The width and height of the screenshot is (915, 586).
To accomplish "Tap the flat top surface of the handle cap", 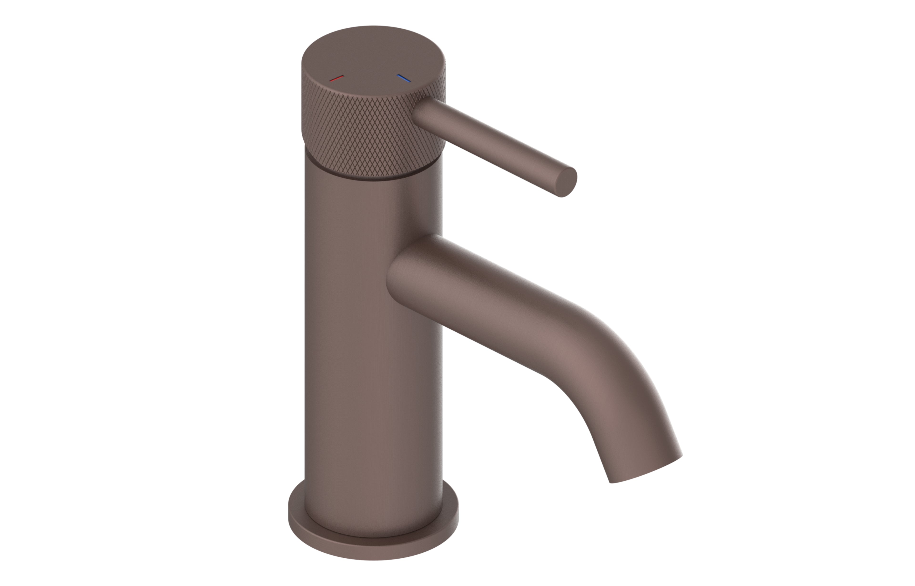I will point(373,53).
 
